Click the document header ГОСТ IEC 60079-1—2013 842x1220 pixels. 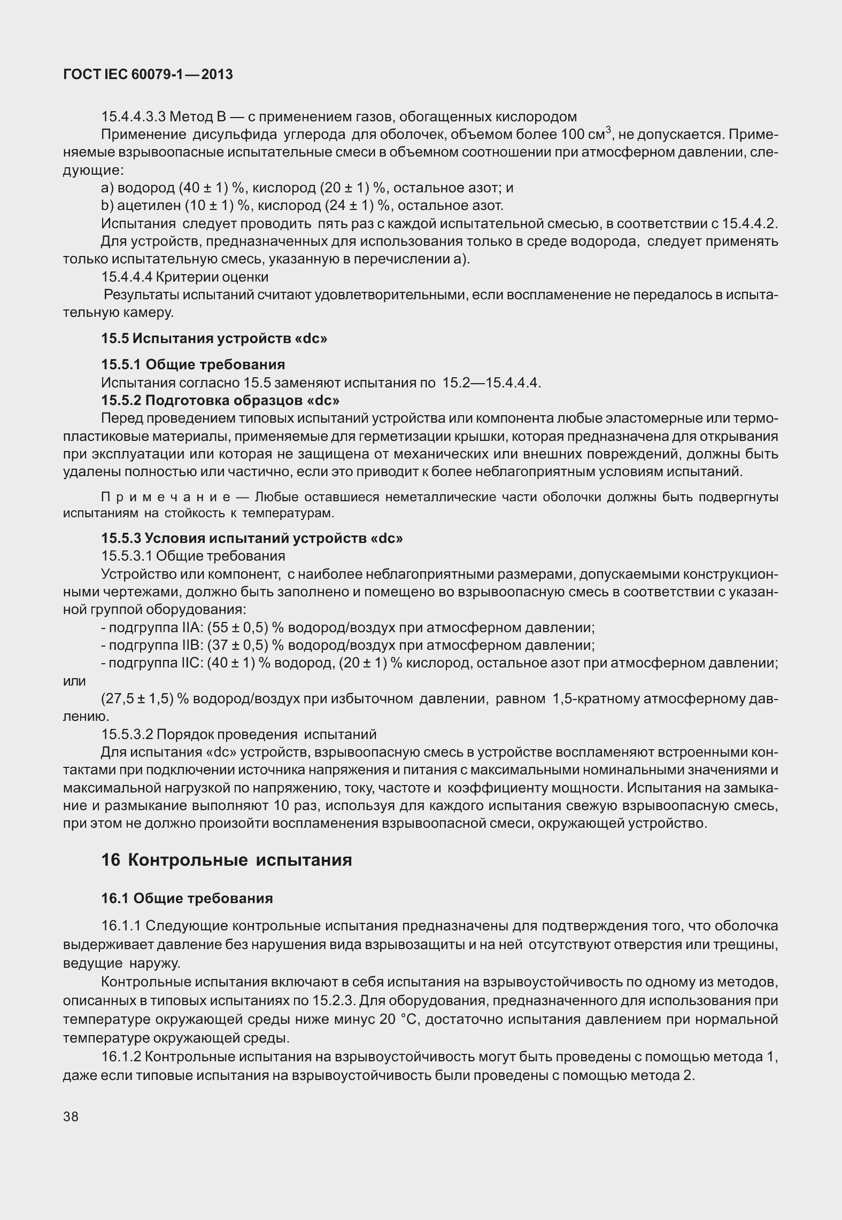click(148, 75)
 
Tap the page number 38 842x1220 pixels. click(71, 1116)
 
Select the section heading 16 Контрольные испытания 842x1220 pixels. click(227, 860)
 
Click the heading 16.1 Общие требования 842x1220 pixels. click(187, 898)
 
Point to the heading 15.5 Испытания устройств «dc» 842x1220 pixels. click(214, 338)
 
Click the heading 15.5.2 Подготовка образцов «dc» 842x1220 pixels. click(220, 400)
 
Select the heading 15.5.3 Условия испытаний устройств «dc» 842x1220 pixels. click(252, 538)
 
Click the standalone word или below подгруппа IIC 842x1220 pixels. click(74, 681)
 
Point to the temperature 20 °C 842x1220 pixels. click(401, 1019)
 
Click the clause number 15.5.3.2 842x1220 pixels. click(126, 734)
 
